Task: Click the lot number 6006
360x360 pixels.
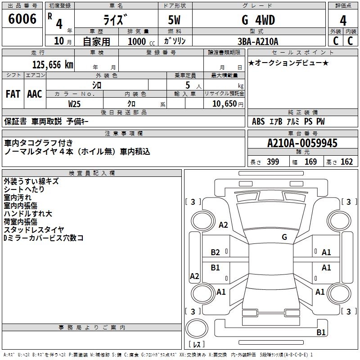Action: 22,19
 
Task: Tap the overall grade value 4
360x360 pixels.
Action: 343,21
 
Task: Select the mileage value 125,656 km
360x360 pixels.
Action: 53,65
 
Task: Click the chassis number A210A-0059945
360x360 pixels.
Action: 302,143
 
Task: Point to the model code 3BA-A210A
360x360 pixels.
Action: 258,41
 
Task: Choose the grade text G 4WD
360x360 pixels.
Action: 258,20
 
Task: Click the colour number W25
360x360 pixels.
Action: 74,104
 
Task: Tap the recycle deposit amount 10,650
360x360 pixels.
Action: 224,104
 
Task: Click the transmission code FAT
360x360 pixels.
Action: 13,94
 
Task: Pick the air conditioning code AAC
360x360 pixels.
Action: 35,94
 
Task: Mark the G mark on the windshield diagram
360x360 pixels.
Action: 284,237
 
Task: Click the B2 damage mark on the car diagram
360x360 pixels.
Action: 216,252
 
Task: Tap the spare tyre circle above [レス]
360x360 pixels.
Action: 197,328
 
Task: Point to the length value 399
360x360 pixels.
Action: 273,162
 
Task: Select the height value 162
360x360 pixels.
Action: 346,162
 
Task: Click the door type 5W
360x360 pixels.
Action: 175,20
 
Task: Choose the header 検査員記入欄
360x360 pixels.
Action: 92,173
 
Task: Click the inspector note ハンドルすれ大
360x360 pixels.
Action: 28,213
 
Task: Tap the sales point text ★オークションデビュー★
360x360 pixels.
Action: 288,63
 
